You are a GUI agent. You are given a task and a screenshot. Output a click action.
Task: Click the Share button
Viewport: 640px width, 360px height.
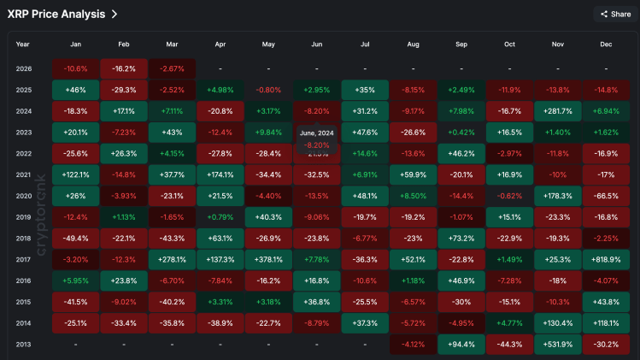pyautogui.click(x=615, y=14)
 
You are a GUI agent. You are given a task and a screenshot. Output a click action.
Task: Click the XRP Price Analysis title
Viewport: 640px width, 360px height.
pyautogui.click(x=56, y=14)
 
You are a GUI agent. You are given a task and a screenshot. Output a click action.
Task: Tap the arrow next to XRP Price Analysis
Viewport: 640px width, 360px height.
pyautogui.click(x=114, y=14)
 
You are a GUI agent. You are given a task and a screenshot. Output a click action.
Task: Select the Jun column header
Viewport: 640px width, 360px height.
pyautogui.click(x=316, y=44)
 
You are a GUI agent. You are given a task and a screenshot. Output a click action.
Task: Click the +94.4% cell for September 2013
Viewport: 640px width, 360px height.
pyautogui.click(x=461, y=343)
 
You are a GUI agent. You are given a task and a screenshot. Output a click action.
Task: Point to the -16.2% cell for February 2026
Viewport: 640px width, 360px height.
pyautogui.click(x=124, y=68)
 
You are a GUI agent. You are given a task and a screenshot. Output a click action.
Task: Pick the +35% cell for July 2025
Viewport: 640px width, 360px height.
pyautogui.click(x=365, y=89)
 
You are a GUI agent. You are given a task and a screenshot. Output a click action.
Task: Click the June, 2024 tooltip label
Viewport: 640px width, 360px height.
pyautogui.click(x=316, y=133)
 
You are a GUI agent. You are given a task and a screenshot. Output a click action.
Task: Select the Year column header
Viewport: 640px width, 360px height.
pyautogui.click(x=23, y=44)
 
